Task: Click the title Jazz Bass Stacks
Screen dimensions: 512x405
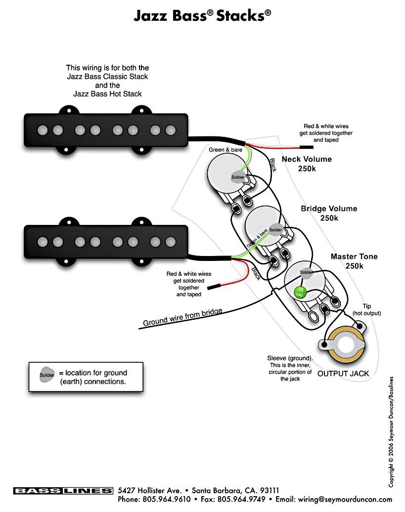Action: (x=202, y=16)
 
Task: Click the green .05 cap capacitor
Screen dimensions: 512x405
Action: (x=299, y=292)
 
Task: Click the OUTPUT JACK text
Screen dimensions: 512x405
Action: (x=343, y=374)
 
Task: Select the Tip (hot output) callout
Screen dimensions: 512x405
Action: (x=366, y=310)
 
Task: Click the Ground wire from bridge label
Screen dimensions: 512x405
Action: (x=182, y=317)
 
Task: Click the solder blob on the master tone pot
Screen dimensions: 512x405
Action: (x=306, y=272)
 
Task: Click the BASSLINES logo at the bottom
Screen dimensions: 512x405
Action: (x=63, y=491)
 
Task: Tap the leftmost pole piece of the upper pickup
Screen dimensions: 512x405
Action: (x=42, y=130)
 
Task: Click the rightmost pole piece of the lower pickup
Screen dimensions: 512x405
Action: (x=171, y=241)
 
